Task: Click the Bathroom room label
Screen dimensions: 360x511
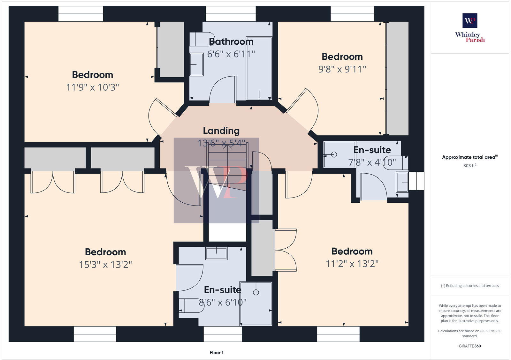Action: click(231, 41)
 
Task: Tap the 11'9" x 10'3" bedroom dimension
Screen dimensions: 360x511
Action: click(92, 87)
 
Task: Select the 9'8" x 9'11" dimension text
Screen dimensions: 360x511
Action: click(342, 69)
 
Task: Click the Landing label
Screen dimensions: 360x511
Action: click(221, 131)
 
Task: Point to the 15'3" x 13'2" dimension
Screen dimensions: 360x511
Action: click(105, 265)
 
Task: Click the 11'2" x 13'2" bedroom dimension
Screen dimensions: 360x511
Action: click(352, 264)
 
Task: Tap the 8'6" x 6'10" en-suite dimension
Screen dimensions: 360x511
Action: click(223, 302)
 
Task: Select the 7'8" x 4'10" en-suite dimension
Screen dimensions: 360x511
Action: click(372, 162)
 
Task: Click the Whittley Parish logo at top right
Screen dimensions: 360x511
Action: click(470, 28)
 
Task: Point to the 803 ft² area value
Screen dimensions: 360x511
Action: click(469, 166)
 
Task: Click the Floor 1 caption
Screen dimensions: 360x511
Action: click(217, 353)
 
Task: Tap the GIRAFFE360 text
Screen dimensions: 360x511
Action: click(470, 346)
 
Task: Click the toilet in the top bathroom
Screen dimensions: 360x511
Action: click(202, 39)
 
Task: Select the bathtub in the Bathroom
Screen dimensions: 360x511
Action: click(259, 68)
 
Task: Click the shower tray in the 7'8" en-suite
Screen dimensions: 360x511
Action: click(339, 154)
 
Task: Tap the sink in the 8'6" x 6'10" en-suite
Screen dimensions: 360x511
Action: click(216, 253)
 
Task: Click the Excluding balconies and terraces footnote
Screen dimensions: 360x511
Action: click(470, 286)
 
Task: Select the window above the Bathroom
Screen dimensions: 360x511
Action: click(231, 14)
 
